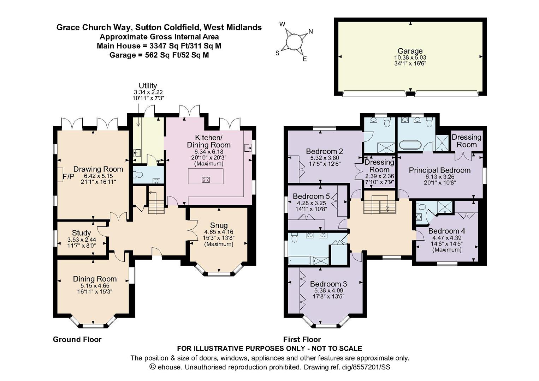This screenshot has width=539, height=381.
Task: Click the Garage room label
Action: [x=410, y=51]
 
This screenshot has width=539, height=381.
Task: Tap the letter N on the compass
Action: [x=310, y=31]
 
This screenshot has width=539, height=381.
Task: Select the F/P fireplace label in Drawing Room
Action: [x=68, y=177]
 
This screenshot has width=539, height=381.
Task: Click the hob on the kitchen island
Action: [x=206, y=180]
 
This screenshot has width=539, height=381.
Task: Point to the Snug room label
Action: [x=219, y=225]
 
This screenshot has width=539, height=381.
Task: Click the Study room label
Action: [x=81, y=233]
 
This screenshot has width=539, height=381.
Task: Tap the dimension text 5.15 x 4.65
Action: [x=95, y=286]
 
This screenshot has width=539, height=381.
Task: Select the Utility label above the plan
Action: [x=148, y=86]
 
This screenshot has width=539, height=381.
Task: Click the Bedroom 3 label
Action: [x=328, y=284]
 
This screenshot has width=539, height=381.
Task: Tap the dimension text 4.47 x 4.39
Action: [x=447, y=238]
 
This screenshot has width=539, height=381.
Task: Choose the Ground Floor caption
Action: [x=77, y=339]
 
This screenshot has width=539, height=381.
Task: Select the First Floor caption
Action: [x=302, y=339]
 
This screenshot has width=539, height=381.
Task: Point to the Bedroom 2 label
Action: [x=324, y=151]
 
